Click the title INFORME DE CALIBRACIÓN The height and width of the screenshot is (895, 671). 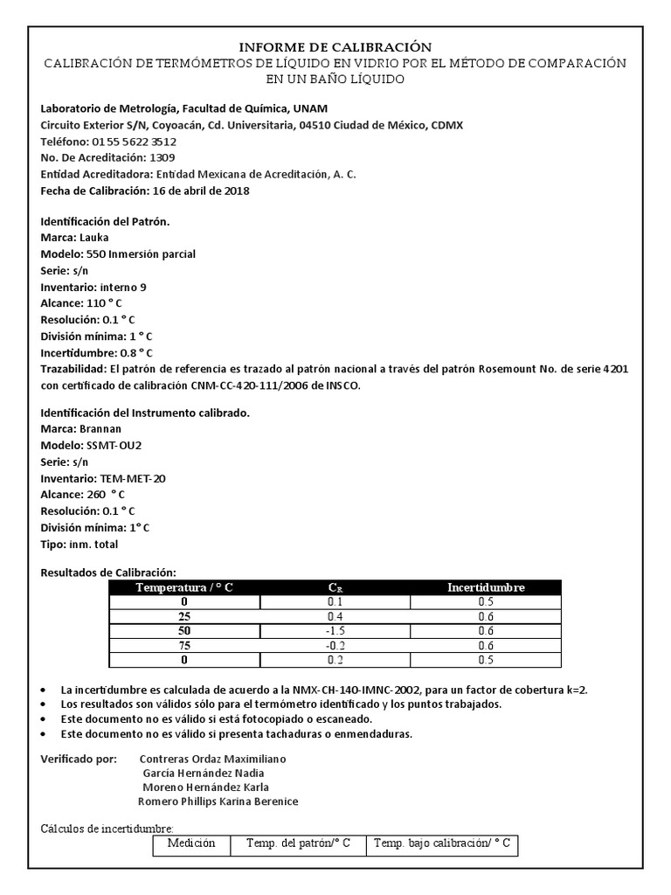coord(335,46)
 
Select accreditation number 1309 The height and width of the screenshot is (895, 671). coord(163,157)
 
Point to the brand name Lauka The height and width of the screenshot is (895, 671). coord(93,237)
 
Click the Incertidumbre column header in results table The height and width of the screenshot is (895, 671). coord(486,587)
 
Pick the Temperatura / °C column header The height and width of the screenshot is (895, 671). coord(184,587)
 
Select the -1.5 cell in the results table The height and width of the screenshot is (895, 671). coord(335,631)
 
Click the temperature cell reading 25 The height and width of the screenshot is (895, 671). coord(184,616)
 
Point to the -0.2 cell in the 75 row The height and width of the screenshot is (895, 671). coord(335,645)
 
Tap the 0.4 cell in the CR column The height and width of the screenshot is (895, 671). coord(335,616)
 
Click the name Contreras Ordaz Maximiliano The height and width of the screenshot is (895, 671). coord(212,758)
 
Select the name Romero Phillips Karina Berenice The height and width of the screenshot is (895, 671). coord(218,801)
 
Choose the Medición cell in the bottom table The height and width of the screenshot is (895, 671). coord(191,843)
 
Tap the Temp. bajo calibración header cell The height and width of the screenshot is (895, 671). coord(442,843)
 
